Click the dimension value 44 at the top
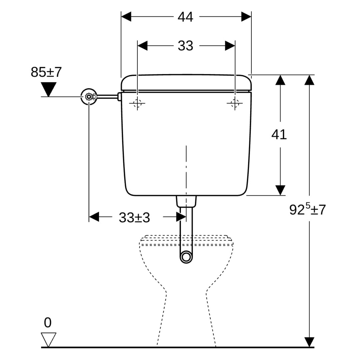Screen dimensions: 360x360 pos(185,17)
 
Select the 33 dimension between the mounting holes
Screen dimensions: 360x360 pos(185,46)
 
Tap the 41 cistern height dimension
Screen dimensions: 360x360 pos(279,134)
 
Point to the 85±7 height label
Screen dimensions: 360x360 pos(46,72)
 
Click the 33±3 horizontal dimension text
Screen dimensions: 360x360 pos(134,218)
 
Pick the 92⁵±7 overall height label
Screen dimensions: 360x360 pos(307,209)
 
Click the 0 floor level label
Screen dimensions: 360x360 pos(48,322)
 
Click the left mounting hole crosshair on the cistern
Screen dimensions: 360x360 pos(137,103)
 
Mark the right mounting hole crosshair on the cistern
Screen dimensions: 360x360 pos(235,103)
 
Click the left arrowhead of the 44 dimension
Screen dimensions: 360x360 pos(126,17)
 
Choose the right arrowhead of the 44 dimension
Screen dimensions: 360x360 pos(246,17)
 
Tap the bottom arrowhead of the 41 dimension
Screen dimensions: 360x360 pos(280,190)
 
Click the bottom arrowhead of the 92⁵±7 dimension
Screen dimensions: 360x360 pos(310,342)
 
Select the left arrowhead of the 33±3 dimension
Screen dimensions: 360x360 pos(94,217)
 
